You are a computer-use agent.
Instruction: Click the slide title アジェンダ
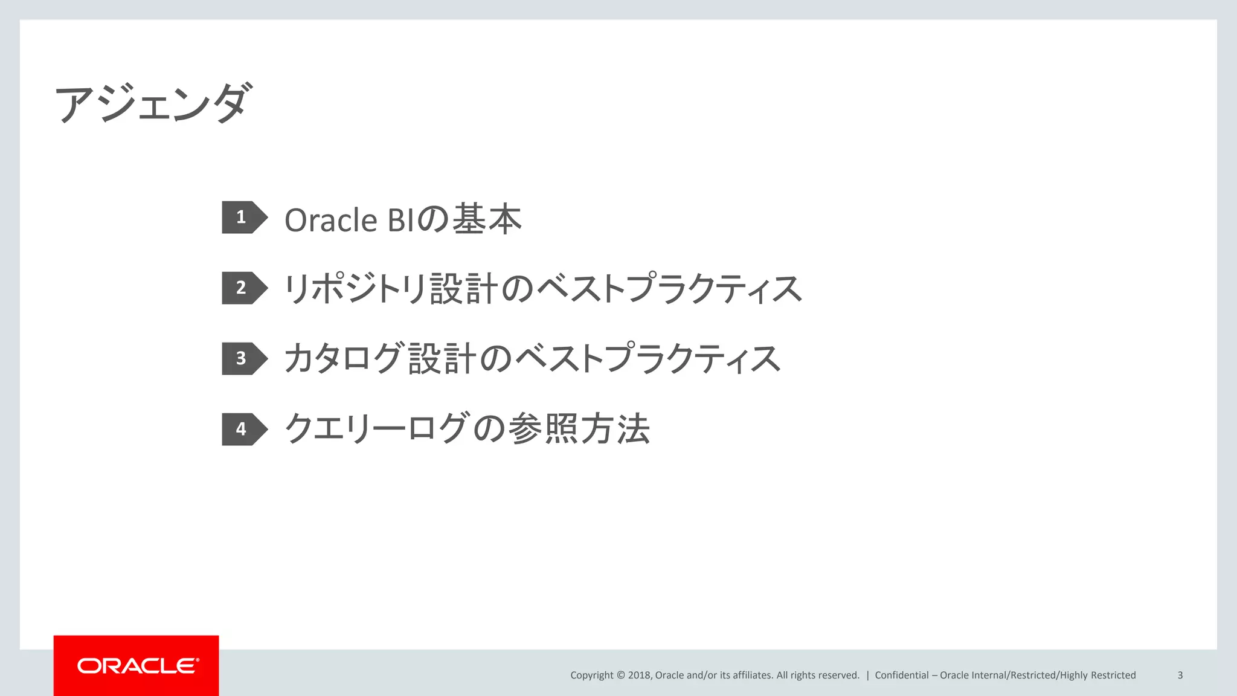point(152,103)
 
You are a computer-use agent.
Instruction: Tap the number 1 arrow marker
point(243,217)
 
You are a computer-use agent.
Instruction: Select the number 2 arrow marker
point(243,288)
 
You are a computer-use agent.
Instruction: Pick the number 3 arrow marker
point(243,358)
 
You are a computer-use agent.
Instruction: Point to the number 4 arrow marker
point(243,429)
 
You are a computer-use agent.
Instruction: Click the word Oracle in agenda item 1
point(331,220)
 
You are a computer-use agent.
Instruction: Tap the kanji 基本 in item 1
point(487,219)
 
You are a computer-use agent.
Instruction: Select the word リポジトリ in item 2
point(356,289)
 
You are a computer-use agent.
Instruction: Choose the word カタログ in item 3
point(343,359)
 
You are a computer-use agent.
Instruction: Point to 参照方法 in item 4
point(579,429)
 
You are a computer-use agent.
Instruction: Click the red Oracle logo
point(137,666)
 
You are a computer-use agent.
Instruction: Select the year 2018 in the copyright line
point(639,675)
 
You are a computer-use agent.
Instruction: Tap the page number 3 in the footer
point(1180,675)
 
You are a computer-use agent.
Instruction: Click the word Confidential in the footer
point(902,675)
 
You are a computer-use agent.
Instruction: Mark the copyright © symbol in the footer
point(620,675)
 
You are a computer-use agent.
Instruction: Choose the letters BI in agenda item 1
point(401,220)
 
